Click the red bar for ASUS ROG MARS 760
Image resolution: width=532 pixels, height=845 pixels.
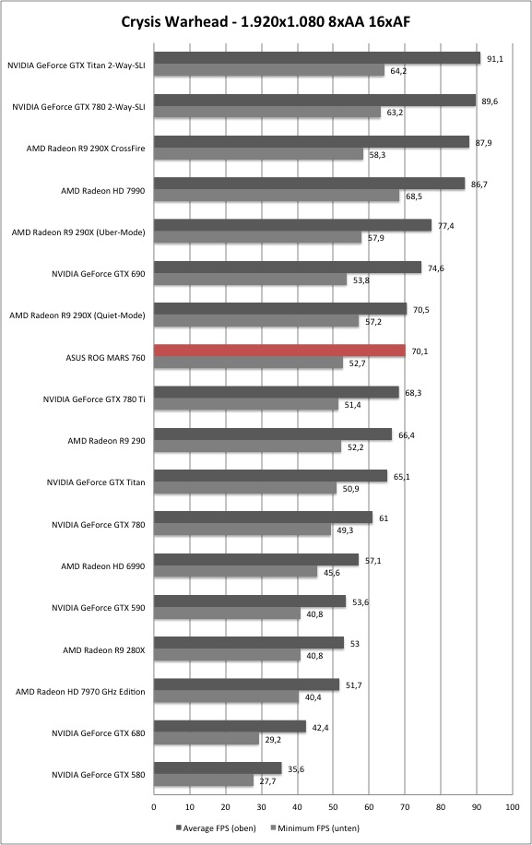279,351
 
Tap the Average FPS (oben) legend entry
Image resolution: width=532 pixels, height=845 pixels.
216,827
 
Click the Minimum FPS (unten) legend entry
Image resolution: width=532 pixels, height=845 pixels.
314,827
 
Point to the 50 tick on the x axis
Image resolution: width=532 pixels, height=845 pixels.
333,807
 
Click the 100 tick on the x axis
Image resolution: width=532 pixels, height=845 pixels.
512,807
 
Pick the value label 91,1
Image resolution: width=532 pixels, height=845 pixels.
495,59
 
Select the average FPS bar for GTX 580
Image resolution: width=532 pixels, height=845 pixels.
218,768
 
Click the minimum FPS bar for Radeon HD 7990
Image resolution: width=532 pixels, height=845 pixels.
277,196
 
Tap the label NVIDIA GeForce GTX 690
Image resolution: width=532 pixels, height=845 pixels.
99,274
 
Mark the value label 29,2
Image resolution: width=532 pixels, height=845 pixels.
273,740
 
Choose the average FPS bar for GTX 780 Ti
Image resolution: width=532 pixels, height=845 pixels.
277,392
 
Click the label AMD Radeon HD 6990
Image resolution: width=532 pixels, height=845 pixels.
103,565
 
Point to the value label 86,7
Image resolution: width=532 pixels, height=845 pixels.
479,184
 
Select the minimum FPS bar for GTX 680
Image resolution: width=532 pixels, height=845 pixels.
207,739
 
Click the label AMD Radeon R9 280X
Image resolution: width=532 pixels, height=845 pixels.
104,650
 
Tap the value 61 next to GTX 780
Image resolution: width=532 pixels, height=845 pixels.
384,518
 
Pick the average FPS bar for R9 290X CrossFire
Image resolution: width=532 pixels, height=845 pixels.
312,142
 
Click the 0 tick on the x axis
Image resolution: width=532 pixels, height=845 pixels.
154,807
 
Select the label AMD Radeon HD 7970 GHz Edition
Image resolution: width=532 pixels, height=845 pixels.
80,692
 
